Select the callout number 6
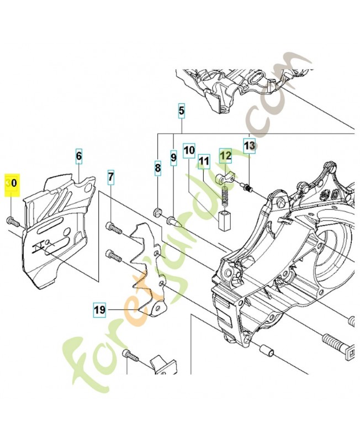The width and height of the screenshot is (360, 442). pos(79,156)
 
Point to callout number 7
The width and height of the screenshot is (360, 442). pos(111,177)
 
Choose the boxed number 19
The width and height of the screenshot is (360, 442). pos(99,310)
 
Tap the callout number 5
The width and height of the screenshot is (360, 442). pos(182,111)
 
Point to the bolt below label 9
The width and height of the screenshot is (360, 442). pos(174,221)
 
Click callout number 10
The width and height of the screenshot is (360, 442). pos(189,150)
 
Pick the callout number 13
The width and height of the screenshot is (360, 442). pos(250,146)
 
